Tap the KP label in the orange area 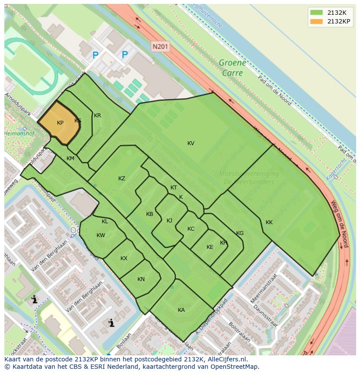(x=60, y=123)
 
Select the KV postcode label (x=191, y=143)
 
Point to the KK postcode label (x=269, y=222)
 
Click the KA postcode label (x=181, y=310)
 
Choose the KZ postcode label (x=122, y=179)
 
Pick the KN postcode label (x=141, y=279)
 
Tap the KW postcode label (x=101, y=235)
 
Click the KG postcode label (x=240, y=233)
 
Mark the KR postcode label (x=97, y=116)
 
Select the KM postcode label (x=70, y=159)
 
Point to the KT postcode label (x=173, y=188)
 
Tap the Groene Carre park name (x=232, y=68)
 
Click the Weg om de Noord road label (x=340, y=223)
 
